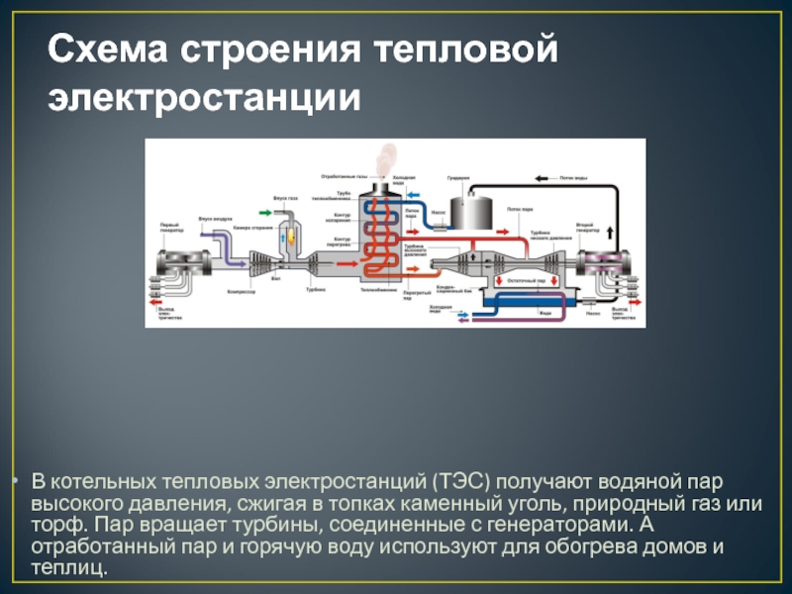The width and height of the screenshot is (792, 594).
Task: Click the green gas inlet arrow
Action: (264, 211)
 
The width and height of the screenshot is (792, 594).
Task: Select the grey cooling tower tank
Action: (469, 209)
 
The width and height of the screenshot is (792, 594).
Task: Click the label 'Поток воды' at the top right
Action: (574, 179)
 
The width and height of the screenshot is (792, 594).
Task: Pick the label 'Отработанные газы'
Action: (344, 176)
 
